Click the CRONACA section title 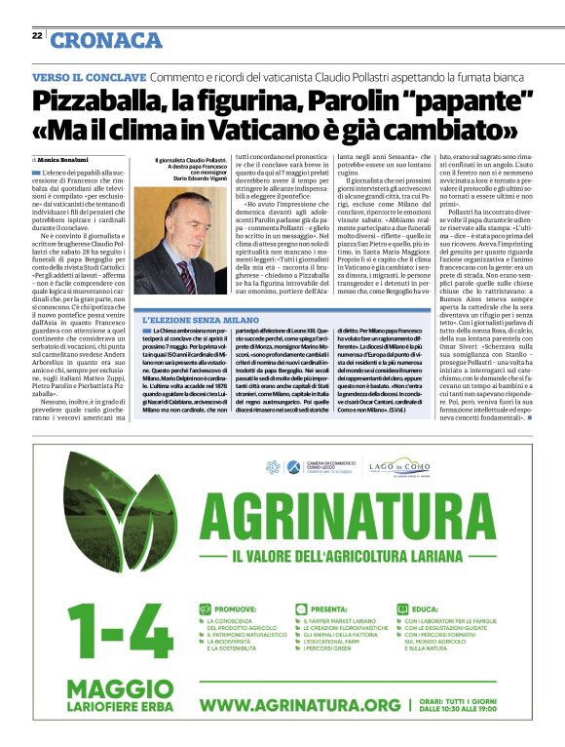point(106,40)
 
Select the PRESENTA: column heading point(337,606)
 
